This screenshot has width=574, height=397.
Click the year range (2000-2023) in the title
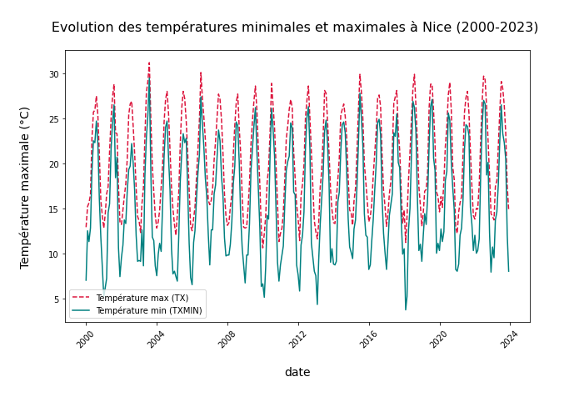click(x=497, y=28)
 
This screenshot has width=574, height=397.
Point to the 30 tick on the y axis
click(x=53, y=74)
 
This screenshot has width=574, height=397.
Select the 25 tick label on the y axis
click(x=53, y=119)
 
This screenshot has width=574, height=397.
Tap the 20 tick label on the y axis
click(x=53, y=164)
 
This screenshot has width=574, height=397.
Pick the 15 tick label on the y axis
click(x=53, y=209)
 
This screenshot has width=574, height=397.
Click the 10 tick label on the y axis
click(x=53, y=254)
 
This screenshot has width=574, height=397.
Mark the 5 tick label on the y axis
click(x=56, y=299)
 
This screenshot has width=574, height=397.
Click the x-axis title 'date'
click(x=297, y=373)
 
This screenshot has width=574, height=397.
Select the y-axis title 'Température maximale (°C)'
click(x=25, y=187)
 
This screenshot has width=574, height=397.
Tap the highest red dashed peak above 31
click(x=149, y=63)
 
